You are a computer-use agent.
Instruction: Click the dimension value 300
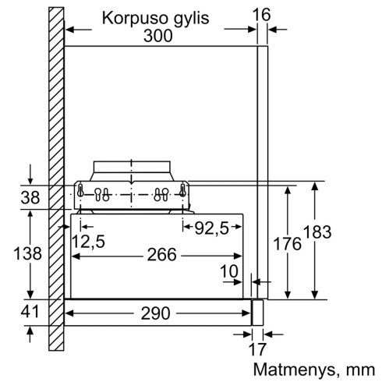click(x=160, y=36)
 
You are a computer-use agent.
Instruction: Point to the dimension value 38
click(x=30, y=198)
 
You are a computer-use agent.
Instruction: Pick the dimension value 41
click(x=30, y=313)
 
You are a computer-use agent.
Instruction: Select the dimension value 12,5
click(x=87, y=242)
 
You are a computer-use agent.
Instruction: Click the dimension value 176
click(x=288, y=244)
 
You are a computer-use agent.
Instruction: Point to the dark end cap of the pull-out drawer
click(x=256, y=313)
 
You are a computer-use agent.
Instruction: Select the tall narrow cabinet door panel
click(x=263, y=172)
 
